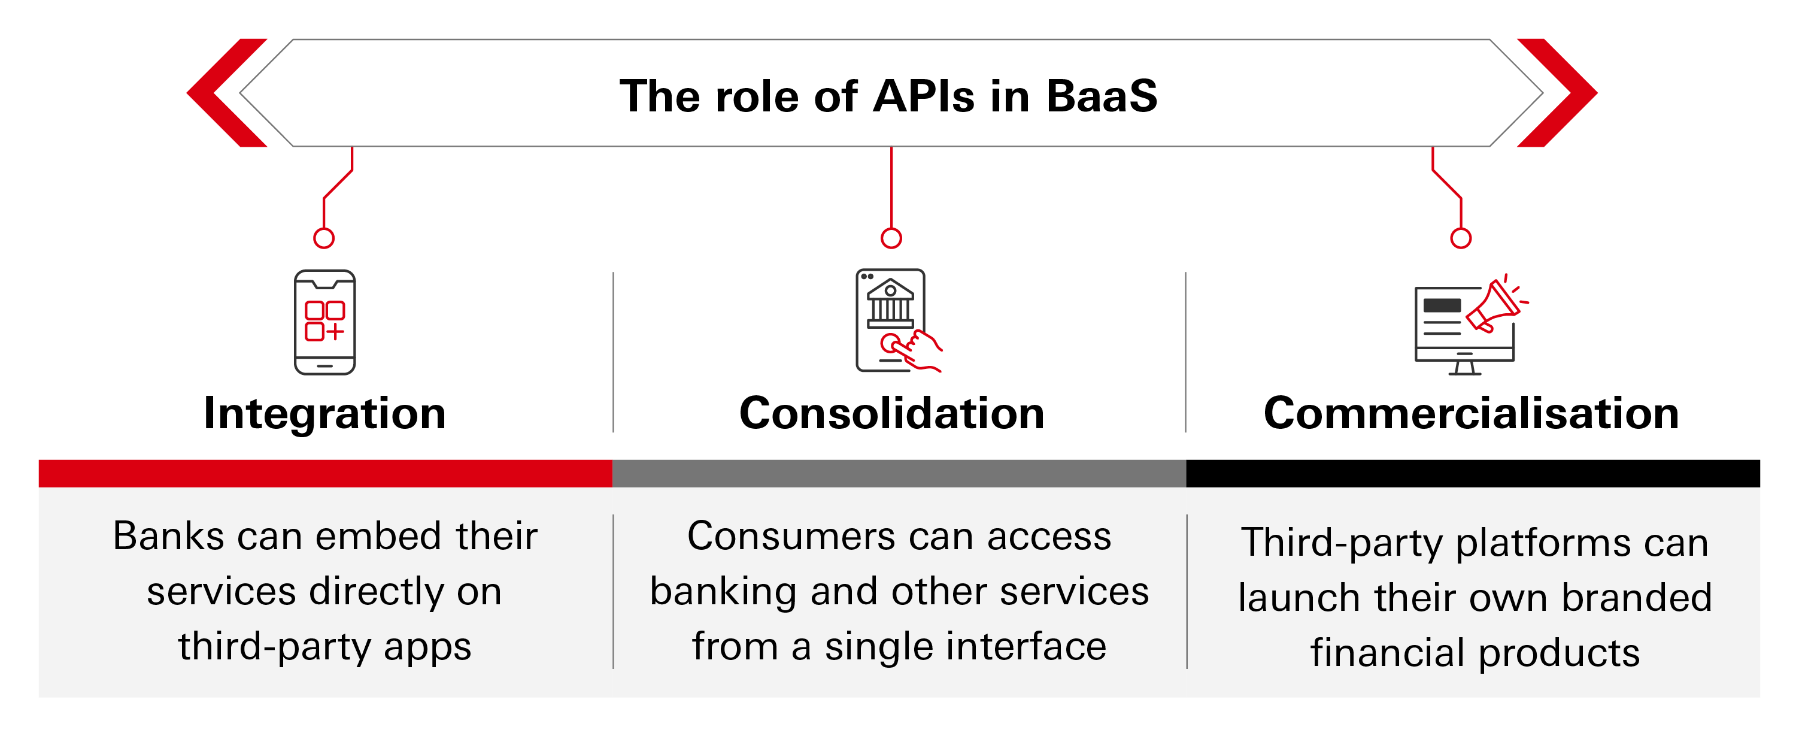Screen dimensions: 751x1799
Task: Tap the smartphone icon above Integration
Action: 324,322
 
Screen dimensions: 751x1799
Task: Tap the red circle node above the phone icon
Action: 324,238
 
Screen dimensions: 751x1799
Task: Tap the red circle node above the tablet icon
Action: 891,238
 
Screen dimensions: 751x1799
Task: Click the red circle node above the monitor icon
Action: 1460,238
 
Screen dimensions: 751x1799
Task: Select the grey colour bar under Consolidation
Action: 899,473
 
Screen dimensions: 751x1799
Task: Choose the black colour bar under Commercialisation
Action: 1472,473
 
